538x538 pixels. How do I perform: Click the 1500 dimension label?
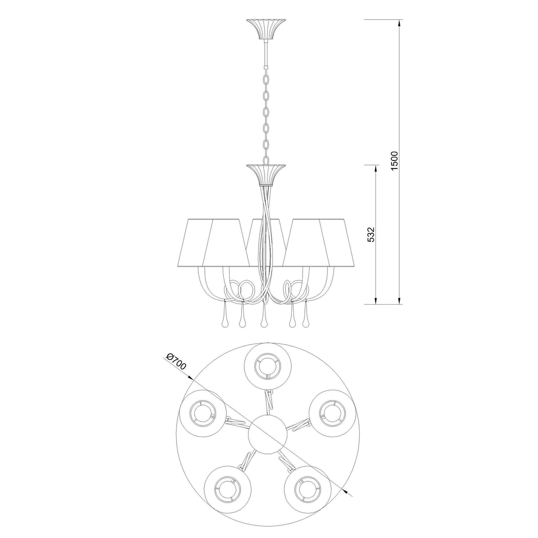(x=394, y=161)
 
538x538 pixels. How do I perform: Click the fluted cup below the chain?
(x=266, y=175)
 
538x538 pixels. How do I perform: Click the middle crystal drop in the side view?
(x=263, y=316)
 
